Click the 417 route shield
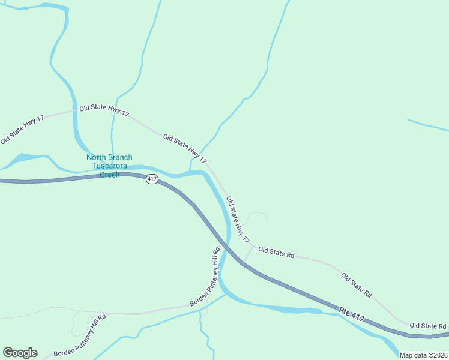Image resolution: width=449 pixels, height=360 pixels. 152,179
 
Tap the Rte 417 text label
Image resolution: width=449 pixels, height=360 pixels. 352,314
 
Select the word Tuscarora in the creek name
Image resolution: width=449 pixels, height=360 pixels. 109,166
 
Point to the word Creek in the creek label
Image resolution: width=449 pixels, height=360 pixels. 109,175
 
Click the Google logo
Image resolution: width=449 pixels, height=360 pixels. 20,353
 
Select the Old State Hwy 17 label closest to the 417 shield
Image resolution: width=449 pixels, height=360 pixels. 185,149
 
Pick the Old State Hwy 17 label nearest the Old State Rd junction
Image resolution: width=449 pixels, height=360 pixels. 238,220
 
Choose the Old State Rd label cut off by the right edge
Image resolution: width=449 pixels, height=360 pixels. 429,326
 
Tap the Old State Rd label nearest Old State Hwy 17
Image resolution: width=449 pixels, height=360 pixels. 276,252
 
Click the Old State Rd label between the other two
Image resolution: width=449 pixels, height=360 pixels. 357,286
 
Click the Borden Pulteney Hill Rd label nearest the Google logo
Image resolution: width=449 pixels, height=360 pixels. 79,335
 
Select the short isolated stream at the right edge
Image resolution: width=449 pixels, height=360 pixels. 427,125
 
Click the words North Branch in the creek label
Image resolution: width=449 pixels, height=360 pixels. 109,158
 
